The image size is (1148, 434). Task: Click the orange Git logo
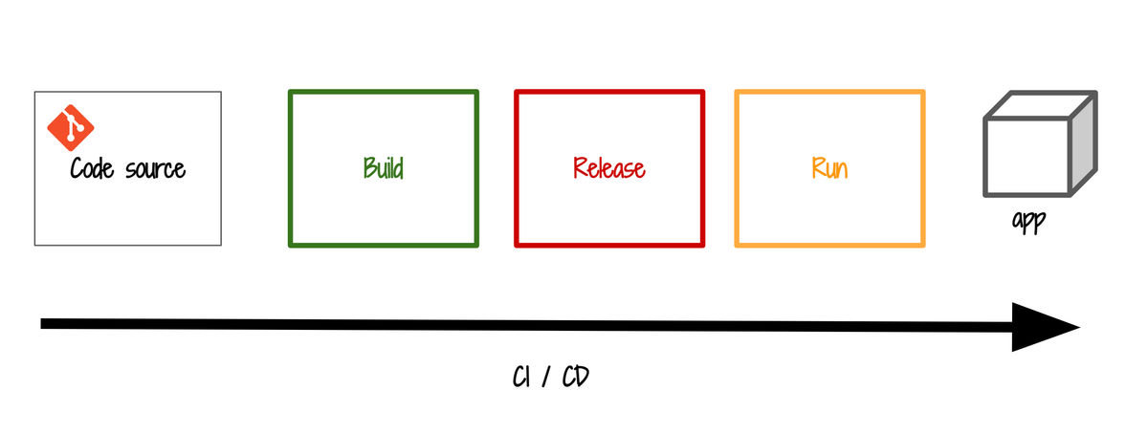pos(71,127)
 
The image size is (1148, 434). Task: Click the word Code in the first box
pos(92,168)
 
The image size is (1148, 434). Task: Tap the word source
pos(155,170)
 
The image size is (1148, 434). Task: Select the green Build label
pos(384,167)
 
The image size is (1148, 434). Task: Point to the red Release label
pos(609,168)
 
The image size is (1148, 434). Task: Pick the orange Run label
pos(829,168)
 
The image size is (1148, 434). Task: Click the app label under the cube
pos(1029,222)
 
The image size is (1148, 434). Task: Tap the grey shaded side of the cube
pos(1083,143)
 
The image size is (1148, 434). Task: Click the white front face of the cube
pos(1027,158)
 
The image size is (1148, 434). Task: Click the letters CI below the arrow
pos(521,377)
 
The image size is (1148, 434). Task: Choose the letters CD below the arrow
pos(576,377)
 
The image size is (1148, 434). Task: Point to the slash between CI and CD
pos(546,378)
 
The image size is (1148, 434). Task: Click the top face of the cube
pos(1041,105)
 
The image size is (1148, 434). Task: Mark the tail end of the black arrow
pos(41,324)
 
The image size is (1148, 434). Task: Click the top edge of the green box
pos(384,93)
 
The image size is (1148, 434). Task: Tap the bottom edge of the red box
pos(609,245)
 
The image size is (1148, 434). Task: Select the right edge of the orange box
pos(922,168)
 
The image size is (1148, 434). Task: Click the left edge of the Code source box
pos(34,168)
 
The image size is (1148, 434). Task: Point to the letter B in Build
pos(369,167)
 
